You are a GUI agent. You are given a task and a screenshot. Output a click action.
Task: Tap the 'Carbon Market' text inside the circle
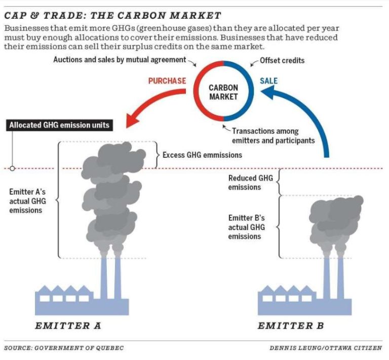[x=223, y=92]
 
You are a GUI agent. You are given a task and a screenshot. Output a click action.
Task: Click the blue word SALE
[x=268, y=81]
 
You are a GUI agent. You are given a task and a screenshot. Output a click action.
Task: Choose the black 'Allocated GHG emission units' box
[x=59, y=125]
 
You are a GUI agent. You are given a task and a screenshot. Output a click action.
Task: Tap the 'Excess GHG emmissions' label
[x=202, y=155]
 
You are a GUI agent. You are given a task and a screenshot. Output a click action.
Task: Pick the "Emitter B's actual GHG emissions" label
[x=247, y=227]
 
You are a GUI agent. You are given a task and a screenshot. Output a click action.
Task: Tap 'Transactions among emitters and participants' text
[x=274, y=136]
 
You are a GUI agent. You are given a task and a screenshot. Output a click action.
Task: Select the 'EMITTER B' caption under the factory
[x=290, y=325]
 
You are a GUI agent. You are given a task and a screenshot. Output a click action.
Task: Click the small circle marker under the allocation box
[x=12, y=168]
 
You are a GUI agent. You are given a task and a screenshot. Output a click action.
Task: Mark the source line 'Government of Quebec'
[x=64, y=348]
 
